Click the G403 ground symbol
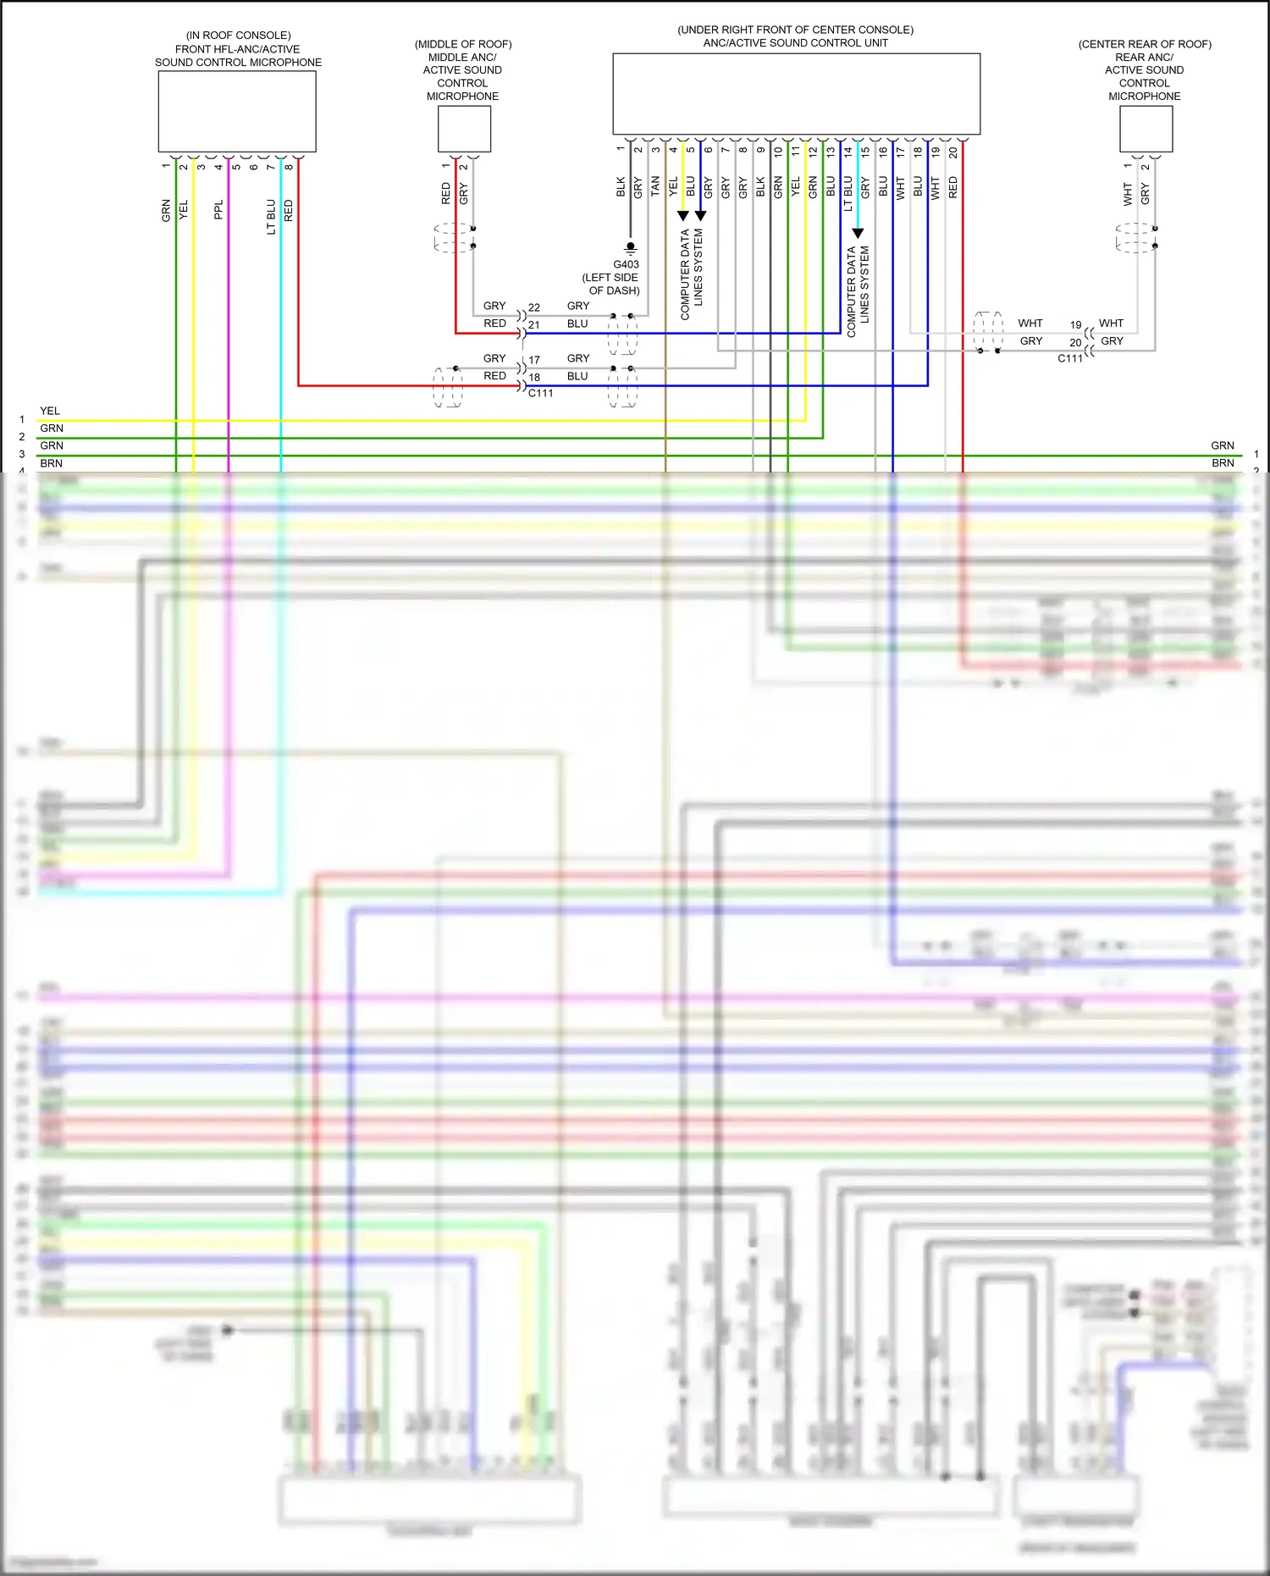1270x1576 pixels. pyautogui.click(x=630, y=247)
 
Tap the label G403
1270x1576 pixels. pyautogui.click(x=626, y=264)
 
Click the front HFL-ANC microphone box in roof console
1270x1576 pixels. pyautogui.click(x=237, y=111)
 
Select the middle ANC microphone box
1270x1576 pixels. pyautogui.click(x=464, y=129)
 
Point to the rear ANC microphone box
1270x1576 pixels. pyautogui.click(x=1146, y=129)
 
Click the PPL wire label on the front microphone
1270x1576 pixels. pyautogui.click(x=218, y=209)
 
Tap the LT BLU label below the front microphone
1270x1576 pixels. pyautogui.click(x=271, y=217)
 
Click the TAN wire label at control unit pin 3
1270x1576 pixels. pyautogui.click(x=655, y=186)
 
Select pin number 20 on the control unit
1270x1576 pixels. pyautogui.click(x=953, y=152)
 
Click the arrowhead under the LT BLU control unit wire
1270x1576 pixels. pyautogui.click(x=858, y=234)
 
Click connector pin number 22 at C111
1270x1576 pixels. pyautogui.click(x=534, y=307)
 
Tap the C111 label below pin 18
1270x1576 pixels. pyautogui.click(x=540, y=393)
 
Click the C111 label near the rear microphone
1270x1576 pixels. pyautogui.click(x=1069, y=358)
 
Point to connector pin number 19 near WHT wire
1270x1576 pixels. pyautogui.click(x=1075, y=324)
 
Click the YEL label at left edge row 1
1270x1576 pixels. pyautogui.click(x=50, y=411)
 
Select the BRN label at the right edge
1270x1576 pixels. pyautogui.click(x=1223, y=463)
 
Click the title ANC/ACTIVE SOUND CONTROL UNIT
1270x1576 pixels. pyautogui.click(x=795, y=43)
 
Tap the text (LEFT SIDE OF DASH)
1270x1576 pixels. pyautogui.click(x=611, y=284)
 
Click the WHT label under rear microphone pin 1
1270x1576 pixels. pyautogui.click(x=1128, y=194)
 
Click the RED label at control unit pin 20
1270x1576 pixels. pyautogui.click(x=953, y=187)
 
